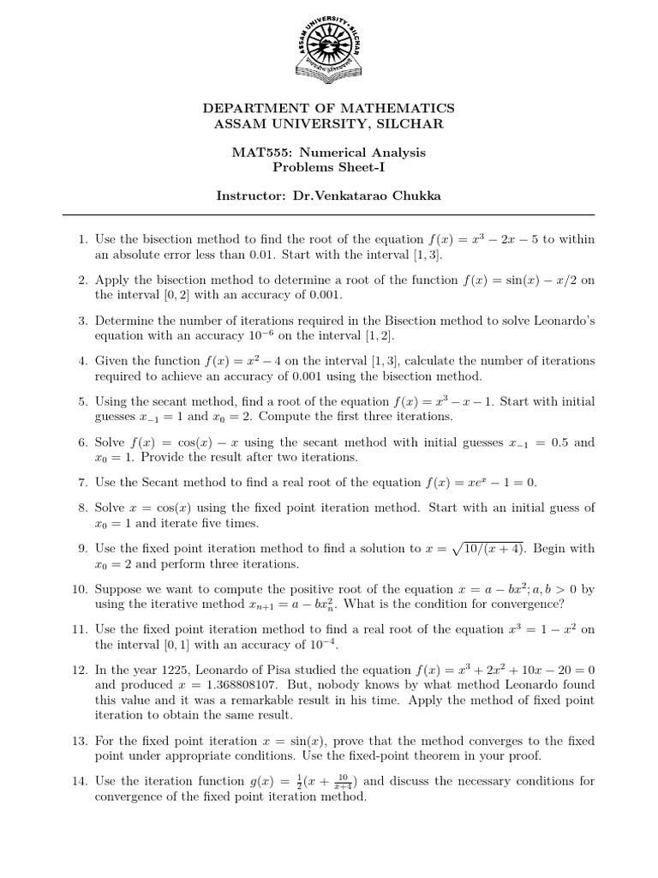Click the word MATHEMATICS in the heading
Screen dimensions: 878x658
click(x=398, y=108)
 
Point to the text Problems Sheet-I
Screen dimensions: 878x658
click(x=328, y=168)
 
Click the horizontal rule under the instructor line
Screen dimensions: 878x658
click(x=328, y=214)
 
